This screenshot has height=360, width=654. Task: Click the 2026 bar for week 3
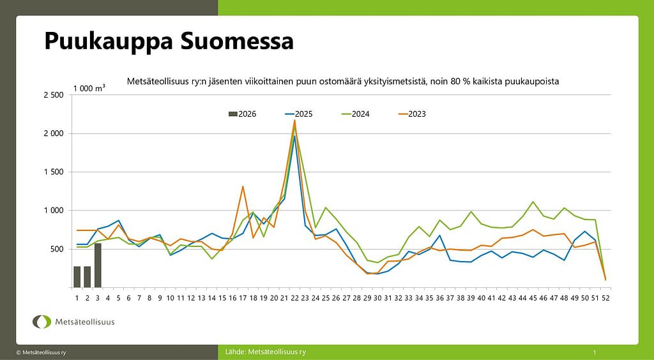click(98, 266)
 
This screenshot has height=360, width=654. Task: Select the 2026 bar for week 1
click(77, 276)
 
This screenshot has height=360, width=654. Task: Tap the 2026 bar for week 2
click(87, 276)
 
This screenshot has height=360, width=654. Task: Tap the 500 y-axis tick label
click(56, 249)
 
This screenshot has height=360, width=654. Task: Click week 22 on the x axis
click(294, 297)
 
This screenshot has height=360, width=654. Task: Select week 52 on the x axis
click(605, 297)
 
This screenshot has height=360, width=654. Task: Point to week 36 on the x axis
click(439, 297)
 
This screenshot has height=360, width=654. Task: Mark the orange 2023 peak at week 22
click(294, 120)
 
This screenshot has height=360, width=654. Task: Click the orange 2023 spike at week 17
click(243, 186)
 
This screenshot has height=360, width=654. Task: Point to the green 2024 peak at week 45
click(533, 202)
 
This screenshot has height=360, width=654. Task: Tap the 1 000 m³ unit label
click(89, 89)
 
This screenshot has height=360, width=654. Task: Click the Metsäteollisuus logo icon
click(42, 322)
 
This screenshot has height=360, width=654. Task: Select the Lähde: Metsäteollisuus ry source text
click(266, 352)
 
